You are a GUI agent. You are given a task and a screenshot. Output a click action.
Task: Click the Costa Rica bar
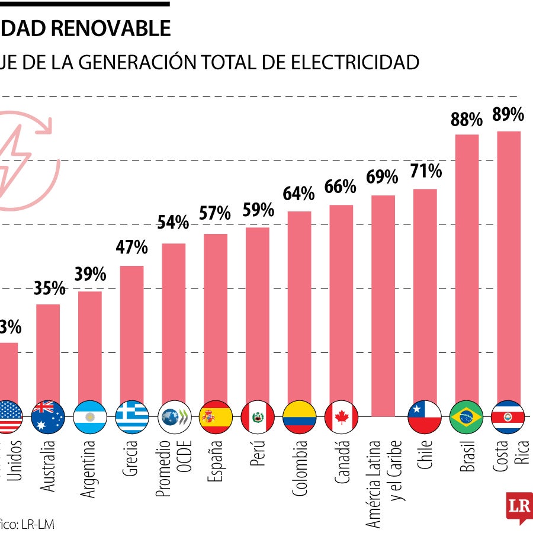coord(508,266)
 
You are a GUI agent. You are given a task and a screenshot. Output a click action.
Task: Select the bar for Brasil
coord(467,269)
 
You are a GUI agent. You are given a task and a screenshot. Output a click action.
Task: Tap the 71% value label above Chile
coord(425,172)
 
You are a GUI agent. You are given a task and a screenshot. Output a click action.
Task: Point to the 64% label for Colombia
coord(298,194)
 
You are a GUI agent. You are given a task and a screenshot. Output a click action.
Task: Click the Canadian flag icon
coord(341,418)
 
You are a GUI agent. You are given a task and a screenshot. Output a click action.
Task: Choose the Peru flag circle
coord(258,418)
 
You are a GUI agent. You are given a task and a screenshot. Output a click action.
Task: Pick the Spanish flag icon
coord(216,418)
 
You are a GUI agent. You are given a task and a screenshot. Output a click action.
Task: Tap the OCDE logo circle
coord(174,418)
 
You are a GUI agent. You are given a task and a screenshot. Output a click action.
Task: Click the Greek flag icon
coord(132,418)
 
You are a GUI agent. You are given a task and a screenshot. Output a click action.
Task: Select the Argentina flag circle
coord(90,418)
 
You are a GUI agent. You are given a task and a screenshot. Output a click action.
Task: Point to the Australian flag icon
coord(49,418)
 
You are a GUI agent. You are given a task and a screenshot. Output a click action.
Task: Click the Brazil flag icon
coord(467,418)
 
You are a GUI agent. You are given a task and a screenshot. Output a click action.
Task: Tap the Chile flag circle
coord(425,418)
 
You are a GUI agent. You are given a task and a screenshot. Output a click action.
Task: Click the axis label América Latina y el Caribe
coord(383,483)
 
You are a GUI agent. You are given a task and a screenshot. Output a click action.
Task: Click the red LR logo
coord(519,506)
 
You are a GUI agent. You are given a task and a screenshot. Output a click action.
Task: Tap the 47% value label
coord(132,247)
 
